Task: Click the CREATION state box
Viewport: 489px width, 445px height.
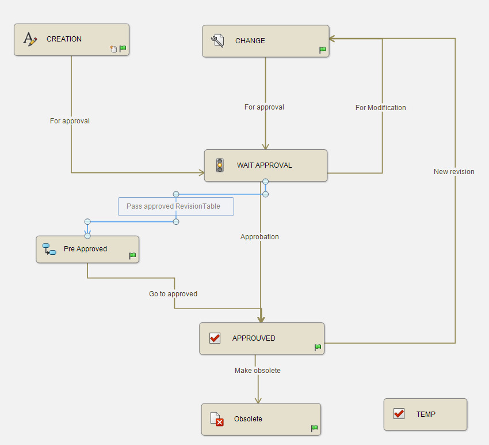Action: pyautogui.click(x=71, y=39)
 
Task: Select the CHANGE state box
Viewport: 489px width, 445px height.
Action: pyautogui.click(x=265, y=41)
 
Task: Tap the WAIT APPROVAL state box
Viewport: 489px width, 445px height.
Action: pyautogui.click(x=265, y=165)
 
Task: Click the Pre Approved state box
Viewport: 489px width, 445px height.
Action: pyautogui.click(x=87, y=249)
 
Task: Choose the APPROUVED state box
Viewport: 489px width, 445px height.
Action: pyautogui.click(x=262, y=338)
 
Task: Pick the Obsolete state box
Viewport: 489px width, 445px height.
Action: pyautogui.click(x=261, y=419)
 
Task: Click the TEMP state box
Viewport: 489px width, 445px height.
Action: pyautogui.click(x=425, y=414)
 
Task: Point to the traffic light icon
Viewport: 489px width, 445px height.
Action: pyautogui.click(x=220, y=165)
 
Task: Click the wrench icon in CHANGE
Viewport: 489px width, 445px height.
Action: pyautogui.click(x=217, y=41)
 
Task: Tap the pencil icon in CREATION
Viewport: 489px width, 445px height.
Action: pyautogui.click(x=30, y=39)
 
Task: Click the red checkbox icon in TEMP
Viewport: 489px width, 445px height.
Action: pyautogui.click(x=399, y=414)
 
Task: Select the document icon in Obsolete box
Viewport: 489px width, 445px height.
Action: pyautogui.click(x=216, y=419)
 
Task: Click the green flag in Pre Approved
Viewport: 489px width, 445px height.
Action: pyautogui.click(x=132, y=255)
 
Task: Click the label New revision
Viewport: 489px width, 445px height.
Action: pyautogui.click(x=454, y=172)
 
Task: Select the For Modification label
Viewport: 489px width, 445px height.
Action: pyautogui.click(x=380, y=108)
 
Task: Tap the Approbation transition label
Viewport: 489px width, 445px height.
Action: pyautogui.click(x=259, y=237)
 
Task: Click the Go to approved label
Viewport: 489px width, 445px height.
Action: pyautogui.click(x=173, y=294)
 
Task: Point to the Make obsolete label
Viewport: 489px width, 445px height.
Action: pyautogui.click(x=258, y=371)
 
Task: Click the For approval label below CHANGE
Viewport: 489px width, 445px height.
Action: pyautogui.click(x=264, y=107)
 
